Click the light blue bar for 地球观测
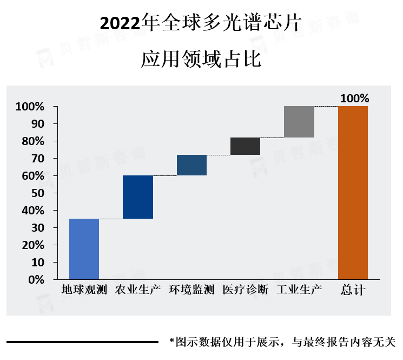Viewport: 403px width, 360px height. pyautogui.click(x=84, y=249)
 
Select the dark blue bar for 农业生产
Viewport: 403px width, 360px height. pyautogui.click(x=137, y=197)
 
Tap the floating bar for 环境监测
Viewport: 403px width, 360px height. pyautogui.click(x=191, y=165)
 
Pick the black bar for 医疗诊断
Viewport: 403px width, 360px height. pyautogui.click(x=245, y=146)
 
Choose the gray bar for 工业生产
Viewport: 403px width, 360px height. pyautogui.click(x=299, y=122)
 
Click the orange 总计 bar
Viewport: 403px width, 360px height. pyautogui.click(x=353, y=193)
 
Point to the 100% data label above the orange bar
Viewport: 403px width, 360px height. pyautogui.click(x=354, y=99)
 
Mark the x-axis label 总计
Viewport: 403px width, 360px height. pyautogui.click(x=353, y=290)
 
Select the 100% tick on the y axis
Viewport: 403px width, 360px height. pyautogui.click(x=30, y=107)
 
